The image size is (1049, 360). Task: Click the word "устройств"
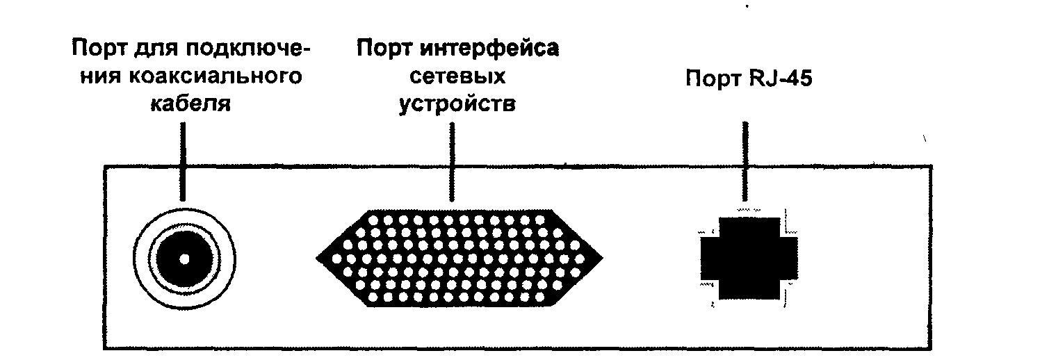[x=457, y=104]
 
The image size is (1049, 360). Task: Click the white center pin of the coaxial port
[x=184, y=259]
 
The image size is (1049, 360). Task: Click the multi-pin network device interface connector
[x=459, y=258]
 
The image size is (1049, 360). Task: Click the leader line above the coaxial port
[x=184, y=153]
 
